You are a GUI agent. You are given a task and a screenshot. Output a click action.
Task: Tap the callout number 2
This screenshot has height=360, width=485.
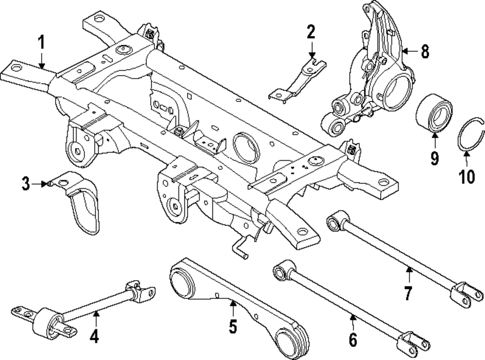(310, 33)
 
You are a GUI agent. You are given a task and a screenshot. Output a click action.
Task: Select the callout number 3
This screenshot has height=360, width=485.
(25, 183)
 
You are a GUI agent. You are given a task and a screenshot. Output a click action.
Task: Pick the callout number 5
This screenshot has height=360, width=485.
(233, 327)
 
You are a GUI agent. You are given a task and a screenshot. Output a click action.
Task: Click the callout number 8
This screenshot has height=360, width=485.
(425, 52)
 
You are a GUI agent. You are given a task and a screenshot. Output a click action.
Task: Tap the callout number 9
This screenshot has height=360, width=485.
(434, 157)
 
